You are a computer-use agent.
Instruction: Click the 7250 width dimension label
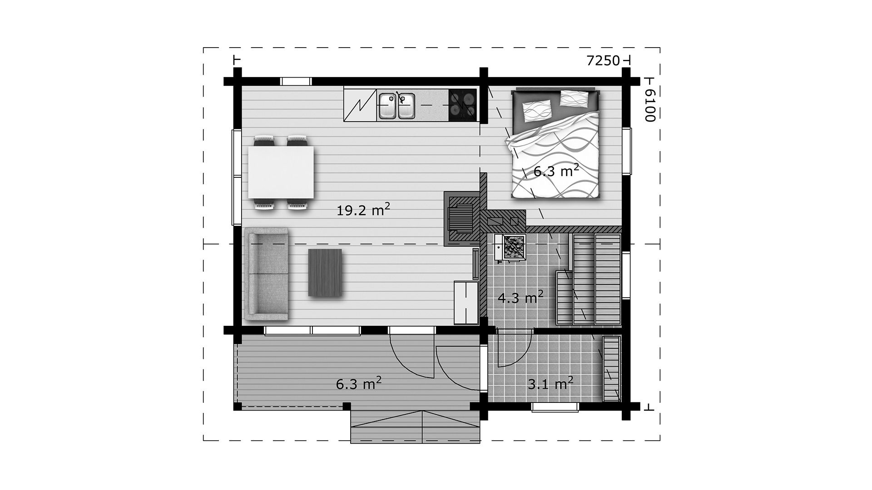(x=603, y=61)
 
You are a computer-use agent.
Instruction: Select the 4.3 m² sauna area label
(x=520, y=298)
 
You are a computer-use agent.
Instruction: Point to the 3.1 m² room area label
(x=550, y=384)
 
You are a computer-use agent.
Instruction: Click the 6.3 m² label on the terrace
(x=358, y=384)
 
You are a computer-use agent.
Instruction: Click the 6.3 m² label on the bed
(x=556, y=171)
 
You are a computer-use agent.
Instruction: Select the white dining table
(x=281, y=173)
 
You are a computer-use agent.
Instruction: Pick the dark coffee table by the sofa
(x=325, y=273)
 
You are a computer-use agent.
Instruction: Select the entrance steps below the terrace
(x=416, y=426)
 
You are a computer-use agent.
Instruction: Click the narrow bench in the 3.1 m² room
(x=611, y=369)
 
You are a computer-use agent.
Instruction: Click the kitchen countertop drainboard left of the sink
(x=360, y=105)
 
